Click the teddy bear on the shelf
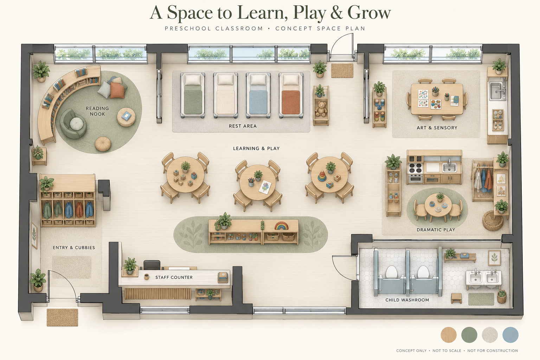[x=321, y=109]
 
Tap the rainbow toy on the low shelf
[x=281, y=226]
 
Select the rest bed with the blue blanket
[x=258, y=96]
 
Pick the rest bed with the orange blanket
[x=291, y=96]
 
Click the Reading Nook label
[x=97, y=111]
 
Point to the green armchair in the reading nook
[x=73, y=124]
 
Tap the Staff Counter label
[x=174, y=277]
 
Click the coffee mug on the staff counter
[x=146, y=277]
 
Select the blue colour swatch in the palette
[x=510, y=335]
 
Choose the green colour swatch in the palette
[x=469, y=335]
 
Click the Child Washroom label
[x=407, y=300]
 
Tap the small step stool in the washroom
[x=456, y=298]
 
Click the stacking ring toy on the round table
[x=321, y=175]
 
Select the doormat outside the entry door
[x=62, y=317]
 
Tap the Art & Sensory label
[x=437, y=128]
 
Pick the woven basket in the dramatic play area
[x=493, y=220]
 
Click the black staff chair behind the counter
[x=152, y=265]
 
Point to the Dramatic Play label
[x=436, y=230]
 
